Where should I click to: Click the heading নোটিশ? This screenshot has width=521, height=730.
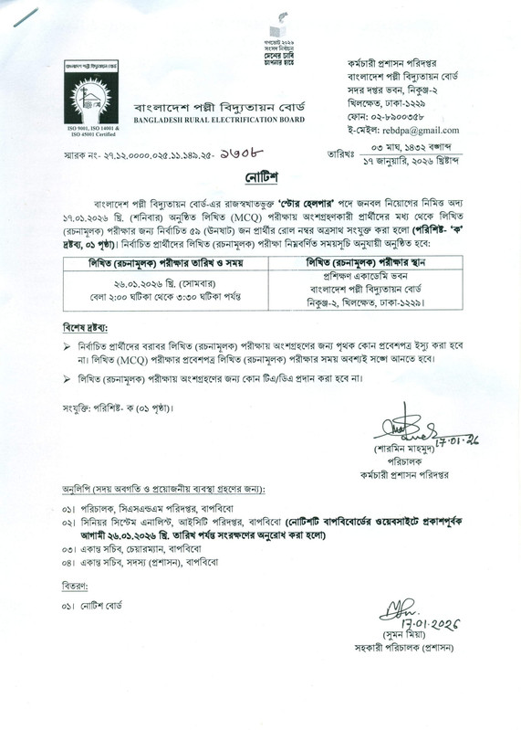click(x=261, y=174)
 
